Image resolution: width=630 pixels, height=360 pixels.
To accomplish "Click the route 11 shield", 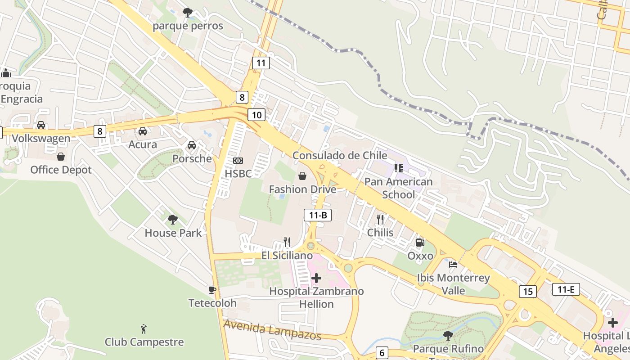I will click(x=261, y=63).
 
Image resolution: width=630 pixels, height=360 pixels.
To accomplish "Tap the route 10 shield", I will click(x=256, y=115).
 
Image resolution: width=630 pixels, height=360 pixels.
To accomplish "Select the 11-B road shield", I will click(x=318, y=215).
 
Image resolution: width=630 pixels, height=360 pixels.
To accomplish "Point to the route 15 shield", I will click(x=527, y=291).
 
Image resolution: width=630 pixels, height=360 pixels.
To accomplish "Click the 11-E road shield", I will click(x=566, y=289).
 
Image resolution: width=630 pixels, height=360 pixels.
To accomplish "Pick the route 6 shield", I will click(x=382, y=353).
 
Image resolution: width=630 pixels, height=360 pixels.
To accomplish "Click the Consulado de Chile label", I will click(x=339, y=155).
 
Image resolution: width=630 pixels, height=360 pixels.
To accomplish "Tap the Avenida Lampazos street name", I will click(x=273, y=330).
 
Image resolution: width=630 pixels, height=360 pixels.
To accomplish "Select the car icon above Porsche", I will click(x=192, y=145).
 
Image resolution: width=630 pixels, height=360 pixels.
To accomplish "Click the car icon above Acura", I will click(x=143, y=131).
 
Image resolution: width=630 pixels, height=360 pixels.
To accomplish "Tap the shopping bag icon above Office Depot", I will click(x=61, y=157).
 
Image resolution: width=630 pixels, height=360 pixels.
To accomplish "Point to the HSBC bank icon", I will click(x=238, y=161).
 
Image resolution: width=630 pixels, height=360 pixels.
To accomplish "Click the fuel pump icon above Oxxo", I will click(x=420, y=243).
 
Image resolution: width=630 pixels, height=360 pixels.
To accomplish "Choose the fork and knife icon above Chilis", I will click(x=380, y=219).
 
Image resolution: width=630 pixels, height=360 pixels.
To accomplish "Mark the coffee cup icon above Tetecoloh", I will click(x=212, y=290).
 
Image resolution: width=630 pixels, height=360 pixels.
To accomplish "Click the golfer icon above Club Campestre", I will click(x=144, y=328).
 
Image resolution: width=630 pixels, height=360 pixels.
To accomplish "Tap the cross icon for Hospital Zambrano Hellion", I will click(x=317, y=278).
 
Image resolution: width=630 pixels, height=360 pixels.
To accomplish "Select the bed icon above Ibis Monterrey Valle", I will click(x=453, y=264).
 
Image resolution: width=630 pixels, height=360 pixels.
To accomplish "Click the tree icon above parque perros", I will click(x=188, y=12).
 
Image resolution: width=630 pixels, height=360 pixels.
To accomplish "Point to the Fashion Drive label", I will click(x=302, y=189).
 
